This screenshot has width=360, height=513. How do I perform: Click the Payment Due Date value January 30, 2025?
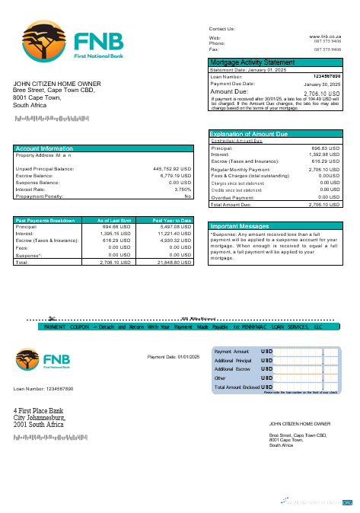[323, 84]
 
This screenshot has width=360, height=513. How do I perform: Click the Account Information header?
[45, 148]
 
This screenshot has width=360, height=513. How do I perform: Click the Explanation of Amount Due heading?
[248, 134]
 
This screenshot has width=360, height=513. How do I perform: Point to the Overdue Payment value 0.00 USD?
[330, 197]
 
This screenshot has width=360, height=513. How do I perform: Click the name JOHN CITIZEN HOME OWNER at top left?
[57, 84]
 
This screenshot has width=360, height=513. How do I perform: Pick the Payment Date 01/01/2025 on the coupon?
[173, 357]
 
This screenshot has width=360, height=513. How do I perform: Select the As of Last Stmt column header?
[114, 220]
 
